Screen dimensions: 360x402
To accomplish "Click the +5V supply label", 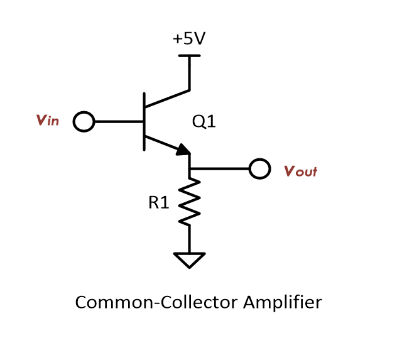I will point(189,39).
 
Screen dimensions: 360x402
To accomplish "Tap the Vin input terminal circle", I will point(84,121).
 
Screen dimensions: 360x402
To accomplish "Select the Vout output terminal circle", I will point(259,169).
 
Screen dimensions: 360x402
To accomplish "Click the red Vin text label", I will point(48,121).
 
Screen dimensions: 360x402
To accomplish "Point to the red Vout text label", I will point(300,171).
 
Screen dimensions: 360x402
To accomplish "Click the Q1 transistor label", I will point(204,122).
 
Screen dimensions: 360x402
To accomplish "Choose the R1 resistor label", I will point(158,202).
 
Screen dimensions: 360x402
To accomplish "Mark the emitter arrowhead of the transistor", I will point(183,150).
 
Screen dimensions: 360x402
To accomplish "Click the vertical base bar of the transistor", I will point(144,121).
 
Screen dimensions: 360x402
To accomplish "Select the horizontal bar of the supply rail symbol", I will point(189,56).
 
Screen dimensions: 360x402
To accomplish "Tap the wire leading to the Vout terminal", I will point(220,169).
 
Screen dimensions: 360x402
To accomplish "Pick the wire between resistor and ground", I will point(189,239).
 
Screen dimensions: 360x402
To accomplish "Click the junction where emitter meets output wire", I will point(189,169).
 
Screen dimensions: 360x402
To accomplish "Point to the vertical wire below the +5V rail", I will point(189,73).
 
